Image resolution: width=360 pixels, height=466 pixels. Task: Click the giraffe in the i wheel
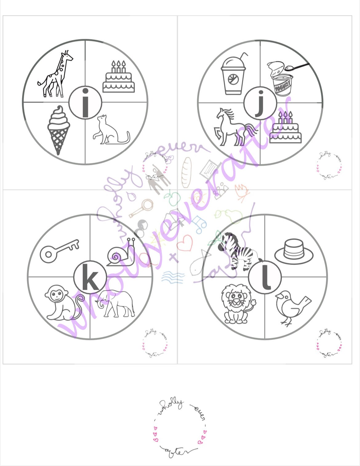[x=55, y=75]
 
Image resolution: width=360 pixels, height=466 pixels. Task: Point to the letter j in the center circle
[x=260, y=103]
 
